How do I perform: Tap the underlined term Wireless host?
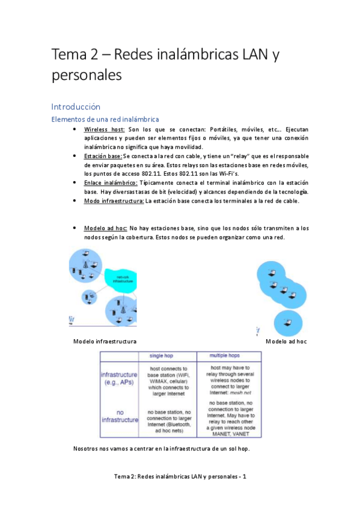[x=104, y=129]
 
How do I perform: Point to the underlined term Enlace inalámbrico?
[x=111, y=182]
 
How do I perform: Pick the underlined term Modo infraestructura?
[x=114, y=200]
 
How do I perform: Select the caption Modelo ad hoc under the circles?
[x=285, y=342]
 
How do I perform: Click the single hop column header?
[x=168, y=355]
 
